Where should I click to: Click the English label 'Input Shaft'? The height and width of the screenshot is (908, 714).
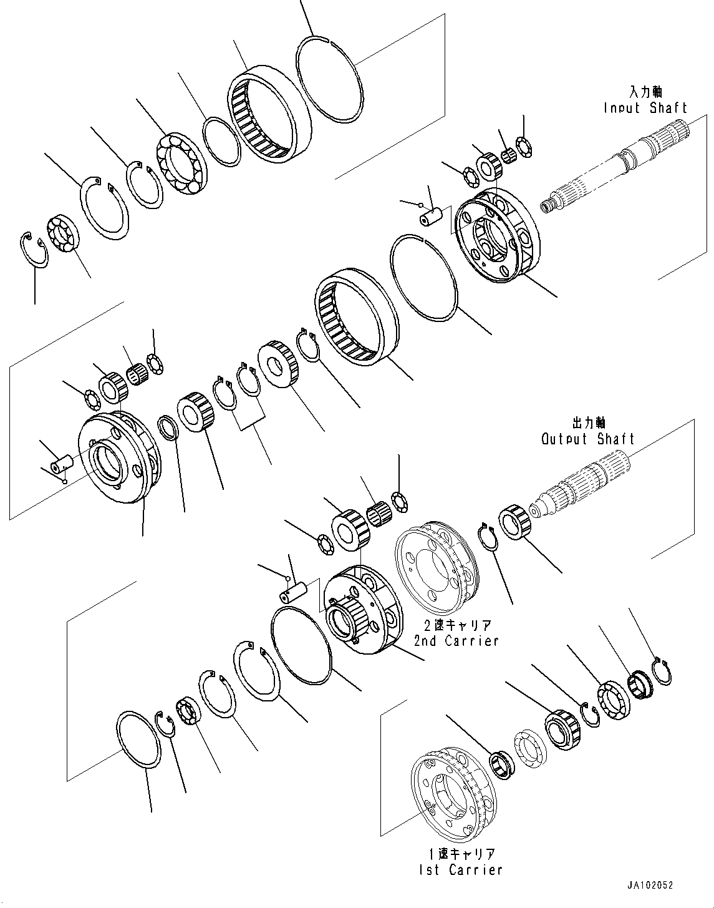point(645,108)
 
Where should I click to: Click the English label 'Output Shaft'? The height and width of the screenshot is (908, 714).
point(587,439)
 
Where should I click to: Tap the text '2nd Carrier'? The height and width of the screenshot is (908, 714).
point(456,640)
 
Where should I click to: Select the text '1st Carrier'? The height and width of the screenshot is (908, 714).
point(461,869)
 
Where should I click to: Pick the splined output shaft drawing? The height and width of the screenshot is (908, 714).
point(580,487)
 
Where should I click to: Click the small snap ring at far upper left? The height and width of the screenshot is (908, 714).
point(34,249)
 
